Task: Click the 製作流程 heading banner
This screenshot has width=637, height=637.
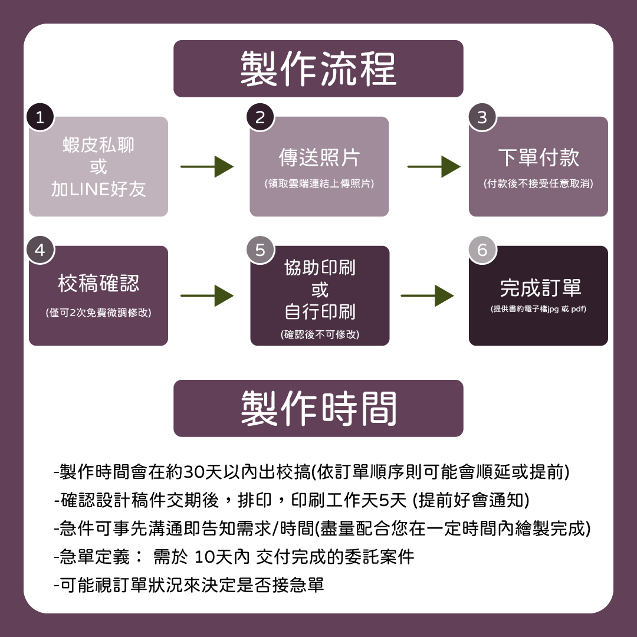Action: (318, 68)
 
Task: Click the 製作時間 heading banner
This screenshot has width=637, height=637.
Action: (318, 408)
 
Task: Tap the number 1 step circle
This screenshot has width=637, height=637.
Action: (40, 117)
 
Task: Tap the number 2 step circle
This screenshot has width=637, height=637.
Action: (260, 117)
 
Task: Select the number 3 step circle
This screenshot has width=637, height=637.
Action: (482, 117)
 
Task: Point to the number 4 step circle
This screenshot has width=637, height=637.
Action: (40, 249)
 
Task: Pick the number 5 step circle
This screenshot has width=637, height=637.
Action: (260, 249)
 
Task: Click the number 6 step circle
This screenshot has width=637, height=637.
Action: (482, 249)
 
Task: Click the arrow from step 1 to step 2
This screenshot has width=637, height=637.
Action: (207, 167)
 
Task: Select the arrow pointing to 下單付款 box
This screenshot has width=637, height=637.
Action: (434, 167)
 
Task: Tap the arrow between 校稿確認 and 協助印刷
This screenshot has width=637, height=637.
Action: (207, 295)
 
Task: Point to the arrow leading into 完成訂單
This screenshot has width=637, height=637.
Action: (427, 295)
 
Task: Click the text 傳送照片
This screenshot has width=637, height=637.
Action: (319, 158)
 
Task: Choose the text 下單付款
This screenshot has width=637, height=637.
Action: (539, 158)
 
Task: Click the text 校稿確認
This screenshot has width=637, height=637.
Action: (98, 284)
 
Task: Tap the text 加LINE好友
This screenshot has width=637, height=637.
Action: (98, 189)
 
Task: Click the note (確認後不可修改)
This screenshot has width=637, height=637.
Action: (320, 334)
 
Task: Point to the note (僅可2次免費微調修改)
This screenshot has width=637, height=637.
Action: (98, 313)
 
